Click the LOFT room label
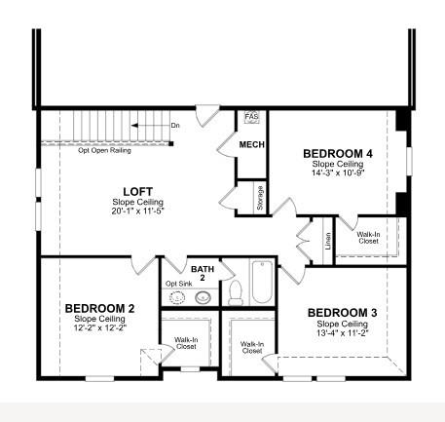(x=136, y=191)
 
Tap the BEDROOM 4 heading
(x=337, y=154)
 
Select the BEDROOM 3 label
(x=342, y=313)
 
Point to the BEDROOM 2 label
(x=99, y=309)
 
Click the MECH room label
(x=252, y=145)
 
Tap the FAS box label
(x=250, y=116)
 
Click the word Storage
(x=261, y=197)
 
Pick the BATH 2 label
(x=202, y=273)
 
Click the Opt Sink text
(x=177, y=284)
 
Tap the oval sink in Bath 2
(x=203, y=295)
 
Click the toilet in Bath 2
(x=235, y=292)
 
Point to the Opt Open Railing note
(x=106, y=150)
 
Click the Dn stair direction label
(x=175, y=126)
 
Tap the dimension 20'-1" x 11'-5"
(x=136, y=211)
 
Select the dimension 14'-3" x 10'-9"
(x=337, y=173)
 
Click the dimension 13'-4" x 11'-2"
(x=342, y=332)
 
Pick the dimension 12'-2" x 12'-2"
(x=99, y=328)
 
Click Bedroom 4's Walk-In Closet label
(x=368, y=238)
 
